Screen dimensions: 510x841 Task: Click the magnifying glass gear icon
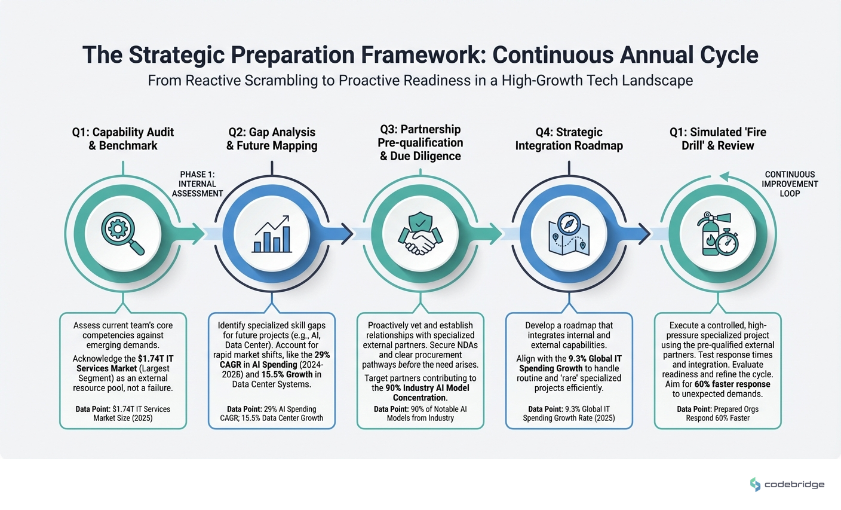122,233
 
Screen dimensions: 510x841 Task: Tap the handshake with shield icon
420,233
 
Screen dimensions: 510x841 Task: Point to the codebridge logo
787,484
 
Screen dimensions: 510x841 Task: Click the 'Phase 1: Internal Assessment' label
197,184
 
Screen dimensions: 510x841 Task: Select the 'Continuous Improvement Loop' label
790,184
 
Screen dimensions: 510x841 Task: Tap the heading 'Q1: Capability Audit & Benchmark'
123,139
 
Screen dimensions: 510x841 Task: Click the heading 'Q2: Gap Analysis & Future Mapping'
272,139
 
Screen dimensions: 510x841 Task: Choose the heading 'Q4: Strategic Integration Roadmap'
569,139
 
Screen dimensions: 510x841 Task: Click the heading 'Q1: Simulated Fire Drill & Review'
717,139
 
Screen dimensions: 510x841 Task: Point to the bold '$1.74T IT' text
156,359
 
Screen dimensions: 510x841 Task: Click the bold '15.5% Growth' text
287,374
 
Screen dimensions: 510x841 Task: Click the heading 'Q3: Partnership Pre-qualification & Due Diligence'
420,143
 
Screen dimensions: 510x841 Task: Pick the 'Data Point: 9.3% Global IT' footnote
569,410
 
